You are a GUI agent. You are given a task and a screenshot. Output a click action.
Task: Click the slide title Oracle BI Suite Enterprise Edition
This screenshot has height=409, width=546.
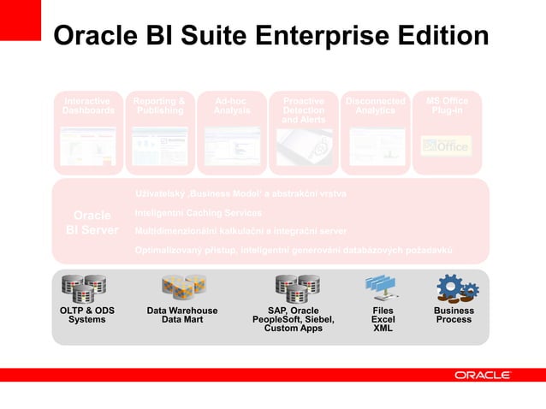[x=270, y=36]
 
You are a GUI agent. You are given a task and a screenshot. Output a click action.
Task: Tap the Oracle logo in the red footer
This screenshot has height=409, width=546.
[x=483, y=375]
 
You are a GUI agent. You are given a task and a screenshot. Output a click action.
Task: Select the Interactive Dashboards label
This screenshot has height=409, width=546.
[x=87, y=106]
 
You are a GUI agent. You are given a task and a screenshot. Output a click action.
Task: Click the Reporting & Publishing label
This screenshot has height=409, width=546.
[x=159, y=106]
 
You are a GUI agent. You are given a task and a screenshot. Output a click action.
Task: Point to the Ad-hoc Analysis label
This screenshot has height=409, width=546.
[x=232, y=106]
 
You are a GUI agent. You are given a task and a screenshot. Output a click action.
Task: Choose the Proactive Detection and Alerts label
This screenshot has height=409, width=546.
[x=304, y=110]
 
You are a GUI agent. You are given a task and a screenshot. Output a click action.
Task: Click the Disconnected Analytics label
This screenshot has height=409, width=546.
[x=375, y=106]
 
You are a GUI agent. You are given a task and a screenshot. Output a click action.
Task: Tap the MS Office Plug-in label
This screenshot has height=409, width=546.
[x=447, y=106]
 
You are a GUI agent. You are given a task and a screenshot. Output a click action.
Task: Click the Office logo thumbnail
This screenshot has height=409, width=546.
[x=446, y=146]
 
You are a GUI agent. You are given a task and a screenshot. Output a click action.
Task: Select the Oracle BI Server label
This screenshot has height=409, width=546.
[x=92, y=222]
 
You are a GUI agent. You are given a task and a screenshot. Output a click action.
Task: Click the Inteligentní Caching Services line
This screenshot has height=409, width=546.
[x=199, y=212]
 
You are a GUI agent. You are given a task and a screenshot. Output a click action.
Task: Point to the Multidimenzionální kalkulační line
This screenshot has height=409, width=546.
[x=240, y=231]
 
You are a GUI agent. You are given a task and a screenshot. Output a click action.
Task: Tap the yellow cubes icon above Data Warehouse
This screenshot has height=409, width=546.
[x=183, y=288]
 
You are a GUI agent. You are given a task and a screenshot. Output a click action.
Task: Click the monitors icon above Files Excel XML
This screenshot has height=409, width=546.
[x=381, y=287]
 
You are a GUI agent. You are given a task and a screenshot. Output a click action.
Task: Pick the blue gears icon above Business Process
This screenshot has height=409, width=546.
[x=453, y=287]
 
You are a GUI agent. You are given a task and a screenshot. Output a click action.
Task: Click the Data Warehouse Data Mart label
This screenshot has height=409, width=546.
[x=182, y=316]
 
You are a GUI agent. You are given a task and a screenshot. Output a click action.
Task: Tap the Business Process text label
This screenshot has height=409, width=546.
[x=454, y=316]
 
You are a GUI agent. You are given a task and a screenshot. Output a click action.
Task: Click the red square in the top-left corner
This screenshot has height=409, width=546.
[x=21, y=20]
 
